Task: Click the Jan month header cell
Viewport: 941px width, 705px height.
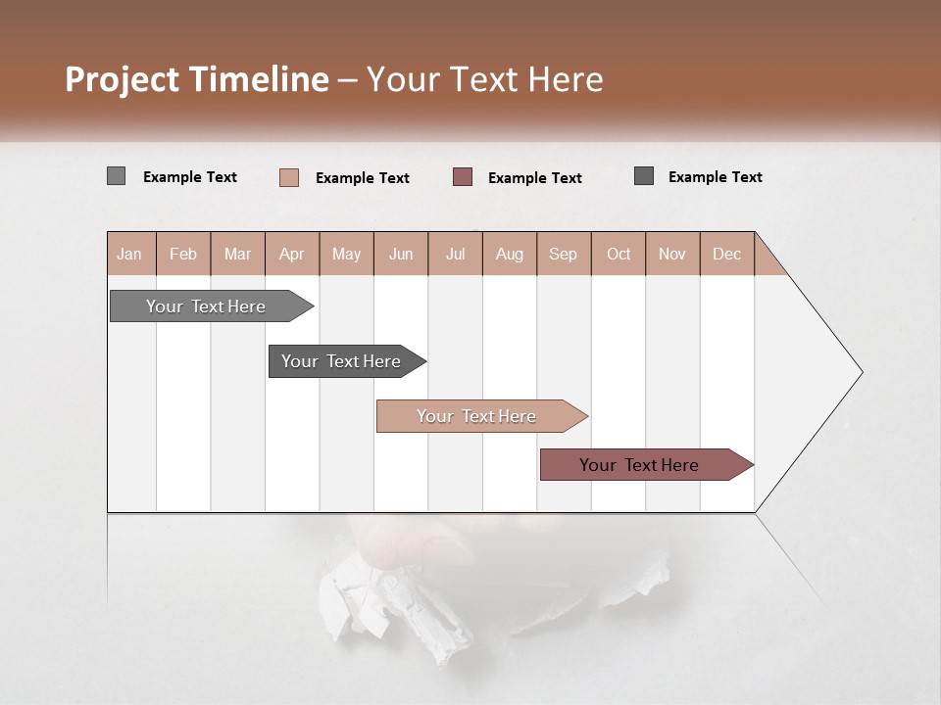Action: point(130,254)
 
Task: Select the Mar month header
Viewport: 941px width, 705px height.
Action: point(237,254)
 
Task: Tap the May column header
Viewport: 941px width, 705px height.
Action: point(346,254)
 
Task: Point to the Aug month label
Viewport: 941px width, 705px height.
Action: point(509,254)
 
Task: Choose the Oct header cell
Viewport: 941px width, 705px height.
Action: point(619,254)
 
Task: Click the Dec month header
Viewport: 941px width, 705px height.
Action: point(726,254)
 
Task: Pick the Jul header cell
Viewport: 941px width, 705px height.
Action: point(455,254)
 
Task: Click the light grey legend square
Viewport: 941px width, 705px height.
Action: point(116,176)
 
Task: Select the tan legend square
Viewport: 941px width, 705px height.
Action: point(288,177)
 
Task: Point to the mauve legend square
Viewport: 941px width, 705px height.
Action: point(463,177)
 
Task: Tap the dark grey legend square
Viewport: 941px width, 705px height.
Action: point(644,176)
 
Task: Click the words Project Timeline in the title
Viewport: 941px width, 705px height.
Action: point(196,79)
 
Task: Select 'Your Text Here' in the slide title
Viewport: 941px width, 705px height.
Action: point(484,79)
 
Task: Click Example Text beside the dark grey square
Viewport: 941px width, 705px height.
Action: point(715,177)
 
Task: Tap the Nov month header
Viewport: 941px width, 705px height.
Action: point(672,254)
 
